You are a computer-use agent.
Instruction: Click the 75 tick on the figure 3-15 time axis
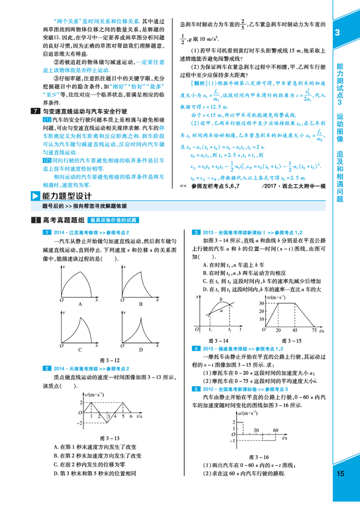(314, 331)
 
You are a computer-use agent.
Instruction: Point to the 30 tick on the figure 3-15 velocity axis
(262, 303)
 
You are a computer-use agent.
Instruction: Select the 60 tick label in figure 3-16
(276, 430)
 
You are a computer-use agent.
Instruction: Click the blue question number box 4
(196, 348)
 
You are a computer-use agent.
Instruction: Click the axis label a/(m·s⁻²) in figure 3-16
(247, 413)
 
